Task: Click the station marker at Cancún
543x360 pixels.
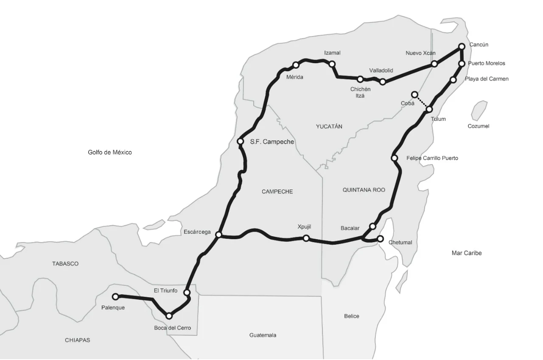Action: [x=462, y=46]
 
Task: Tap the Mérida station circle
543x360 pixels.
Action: [x=296, y=65]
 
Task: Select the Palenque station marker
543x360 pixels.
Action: [x=115, y=296]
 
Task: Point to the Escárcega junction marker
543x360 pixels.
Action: [x=218, y=234]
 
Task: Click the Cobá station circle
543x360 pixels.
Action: [x=414, y=94]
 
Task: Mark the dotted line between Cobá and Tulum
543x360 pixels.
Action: [x=422, y=102]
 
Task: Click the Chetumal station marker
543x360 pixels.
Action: [x=380, y=238]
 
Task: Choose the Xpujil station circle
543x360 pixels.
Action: [x=306, y=238]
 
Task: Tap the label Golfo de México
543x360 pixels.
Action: [x=110, y=152]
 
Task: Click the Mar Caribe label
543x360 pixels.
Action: [x=467, y=253]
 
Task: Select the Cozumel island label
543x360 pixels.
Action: [x=479, y=126]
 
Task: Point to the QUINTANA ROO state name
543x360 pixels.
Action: [x=364, y=190]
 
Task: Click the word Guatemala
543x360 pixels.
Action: [x=263, y=335]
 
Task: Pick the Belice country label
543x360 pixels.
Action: [x=352, y=316]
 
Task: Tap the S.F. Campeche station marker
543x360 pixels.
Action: [x=240, y=141]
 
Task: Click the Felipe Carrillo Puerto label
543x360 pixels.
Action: [x=432, y=158]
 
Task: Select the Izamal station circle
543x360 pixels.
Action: [x=332, y=64]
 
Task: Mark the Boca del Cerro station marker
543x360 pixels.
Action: [x=169, y=316]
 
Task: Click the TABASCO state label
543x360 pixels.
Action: [x=65, y=264]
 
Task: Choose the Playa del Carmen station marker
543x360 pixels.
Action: [x=453, y=80]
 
